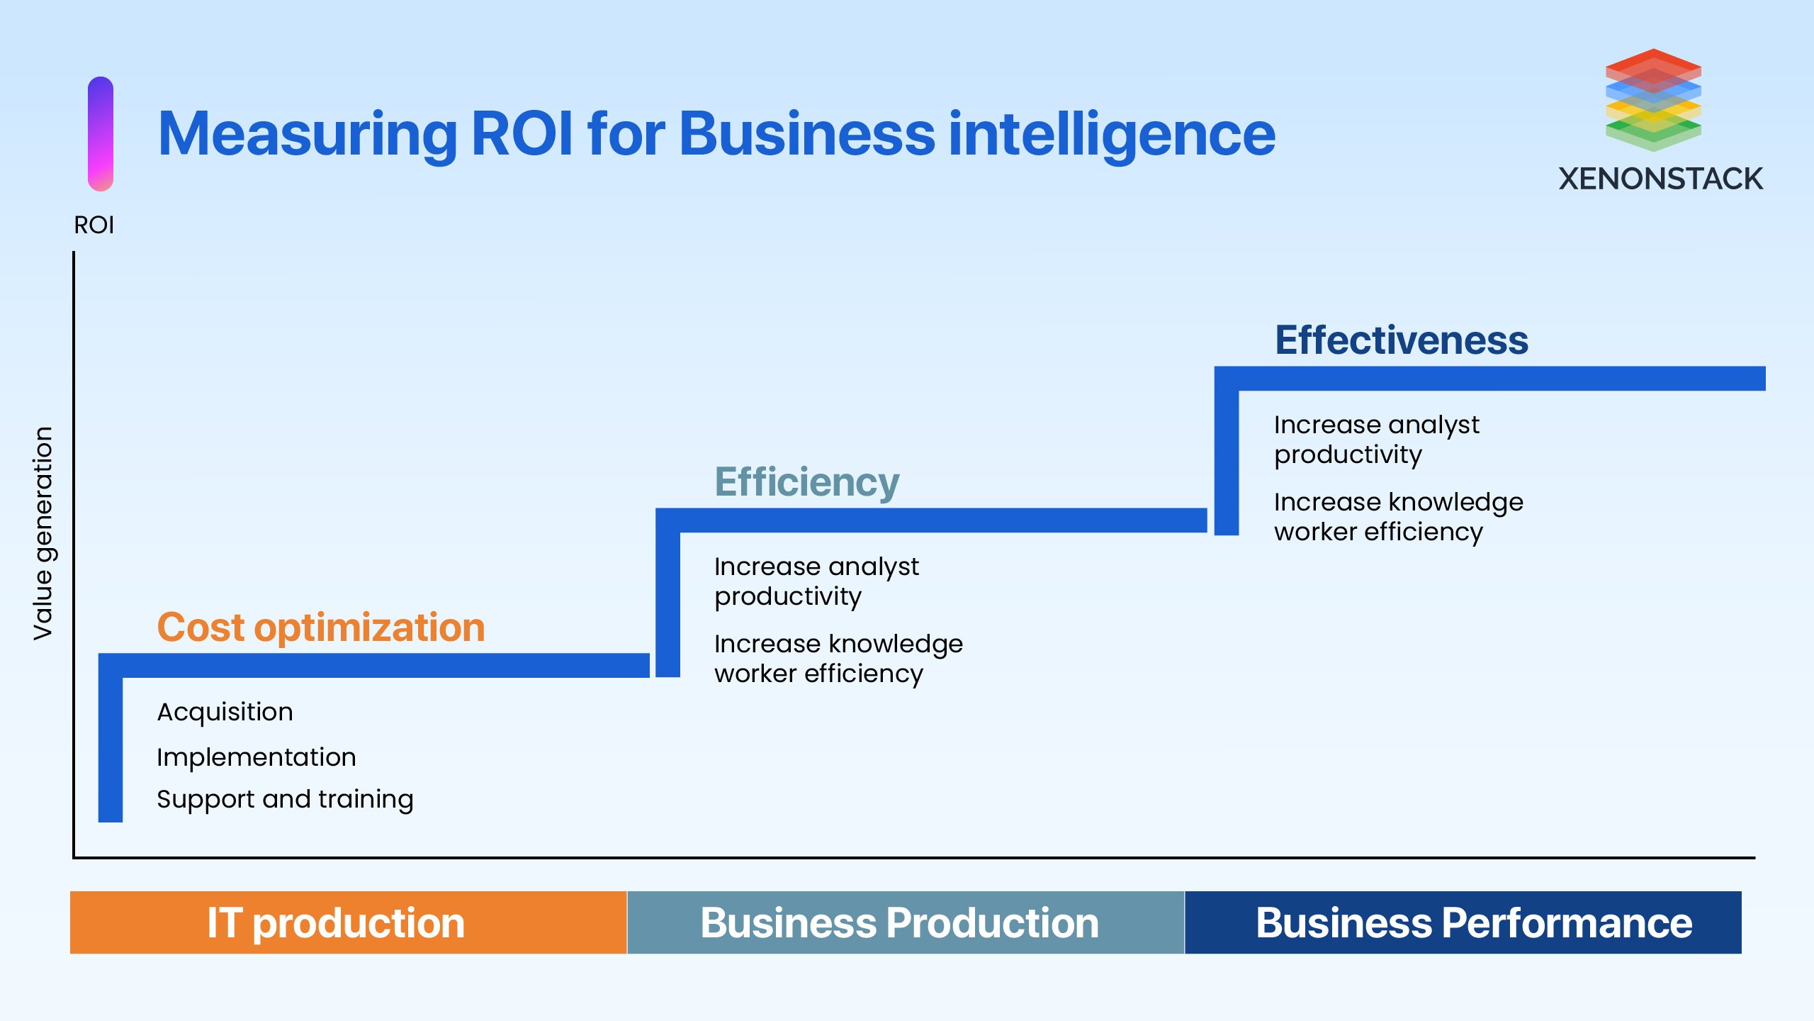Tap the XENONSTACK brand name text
(1660, 179)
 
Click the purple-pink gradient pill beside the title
(101, 133)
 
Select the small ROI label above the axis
(94, 225)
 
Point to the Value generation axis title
(43, 533)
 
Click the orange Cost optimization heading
(320, 627)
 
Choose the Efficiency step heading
(806, 482)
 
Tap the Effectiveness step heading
(1401, 340)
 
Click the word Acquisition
(225, 712)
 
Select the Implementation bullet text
(256, 757)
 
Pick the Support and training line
(285, 799)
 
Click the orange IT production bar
(348, 922)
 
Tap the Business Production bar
(905, 922)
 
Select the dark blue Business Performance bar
(1463, 922)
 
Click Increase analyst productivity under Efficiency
(816, 581)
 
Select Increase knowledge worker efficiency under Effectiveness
(1397, 517)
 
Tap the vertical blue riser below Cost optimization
(111, 752)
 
